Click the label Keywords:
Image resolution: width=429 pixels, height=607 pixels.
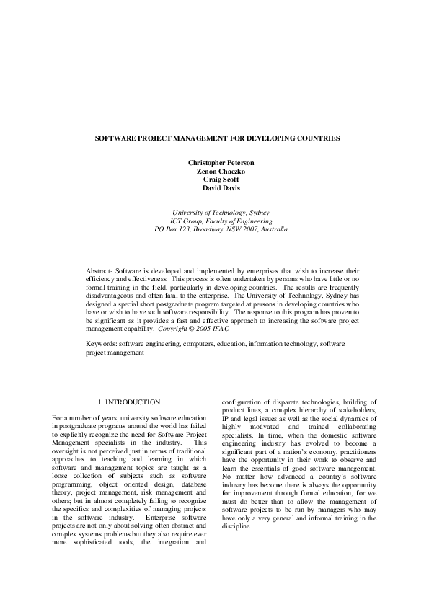click(102, 345)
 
